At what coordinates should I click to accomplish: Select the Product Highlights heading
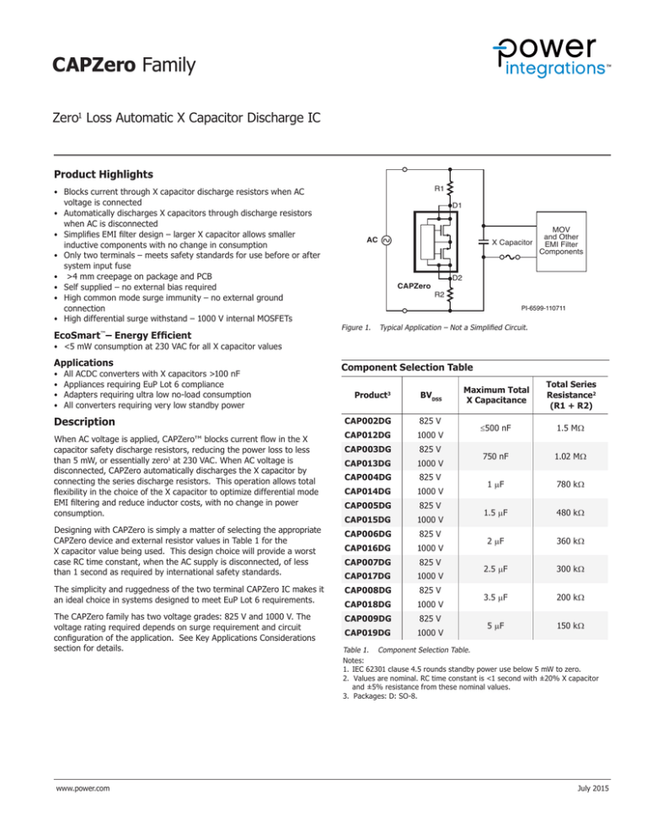[109, 174]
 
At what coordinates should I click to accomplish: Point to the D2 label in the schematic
[457, 279]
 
